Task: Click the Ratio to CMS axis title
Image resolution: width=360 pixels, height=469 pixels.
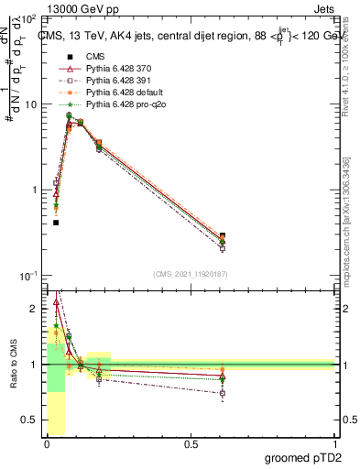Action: point(13,365)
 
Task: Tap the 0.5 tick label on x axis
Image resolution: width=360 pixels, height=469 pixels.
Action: point(191,444)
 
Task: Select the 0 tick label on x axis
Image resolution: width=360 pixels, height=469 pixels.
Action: point(47,444)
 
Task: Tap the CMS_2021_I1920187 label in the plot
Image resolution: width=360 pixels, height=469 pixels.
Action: point(191,273)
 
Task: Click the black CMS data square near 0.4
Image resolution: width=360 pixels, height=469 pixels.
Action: point(56,223)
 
